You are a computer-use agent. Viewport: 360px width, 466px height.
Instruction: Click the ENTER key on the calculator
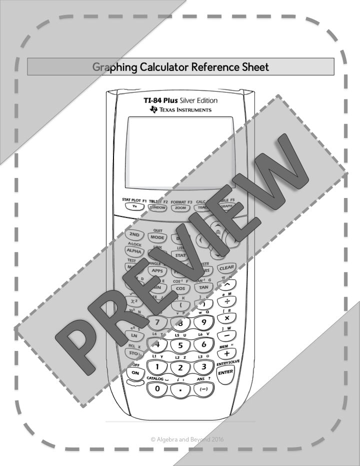[225, 371]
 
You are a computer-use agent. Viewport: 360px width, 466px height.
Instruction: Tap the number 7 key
[157, 322]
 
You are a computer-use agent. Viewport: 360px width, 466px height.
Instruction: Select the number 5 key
[180, 345]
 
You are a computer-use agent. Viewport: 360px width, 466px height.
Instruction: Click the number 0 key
[158, 388]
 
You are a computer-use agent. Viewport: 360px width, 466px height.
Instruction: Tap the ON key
[135, 373]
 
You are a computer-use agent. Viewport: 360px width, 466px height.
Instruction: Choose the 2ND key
[134, 234]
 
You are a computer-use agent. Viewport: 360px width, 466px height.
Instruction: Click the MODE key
[157, 237]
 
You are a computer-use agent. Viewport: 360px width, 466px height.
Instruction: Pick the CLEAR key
[226, 267]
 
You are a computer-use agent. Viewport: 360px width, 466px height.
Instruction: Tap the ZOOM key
[180, 207]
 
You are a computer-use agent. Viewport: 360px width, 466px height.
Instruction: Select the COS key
[180, 288]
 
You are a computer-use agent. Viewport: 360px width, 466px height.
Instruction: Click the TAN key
[203, 287]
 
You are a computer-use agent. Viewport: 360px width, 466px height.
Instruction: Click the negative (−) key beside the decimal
[203, 388]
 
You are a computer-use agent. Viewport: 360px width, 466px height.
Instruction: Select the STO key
[134, 353]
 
